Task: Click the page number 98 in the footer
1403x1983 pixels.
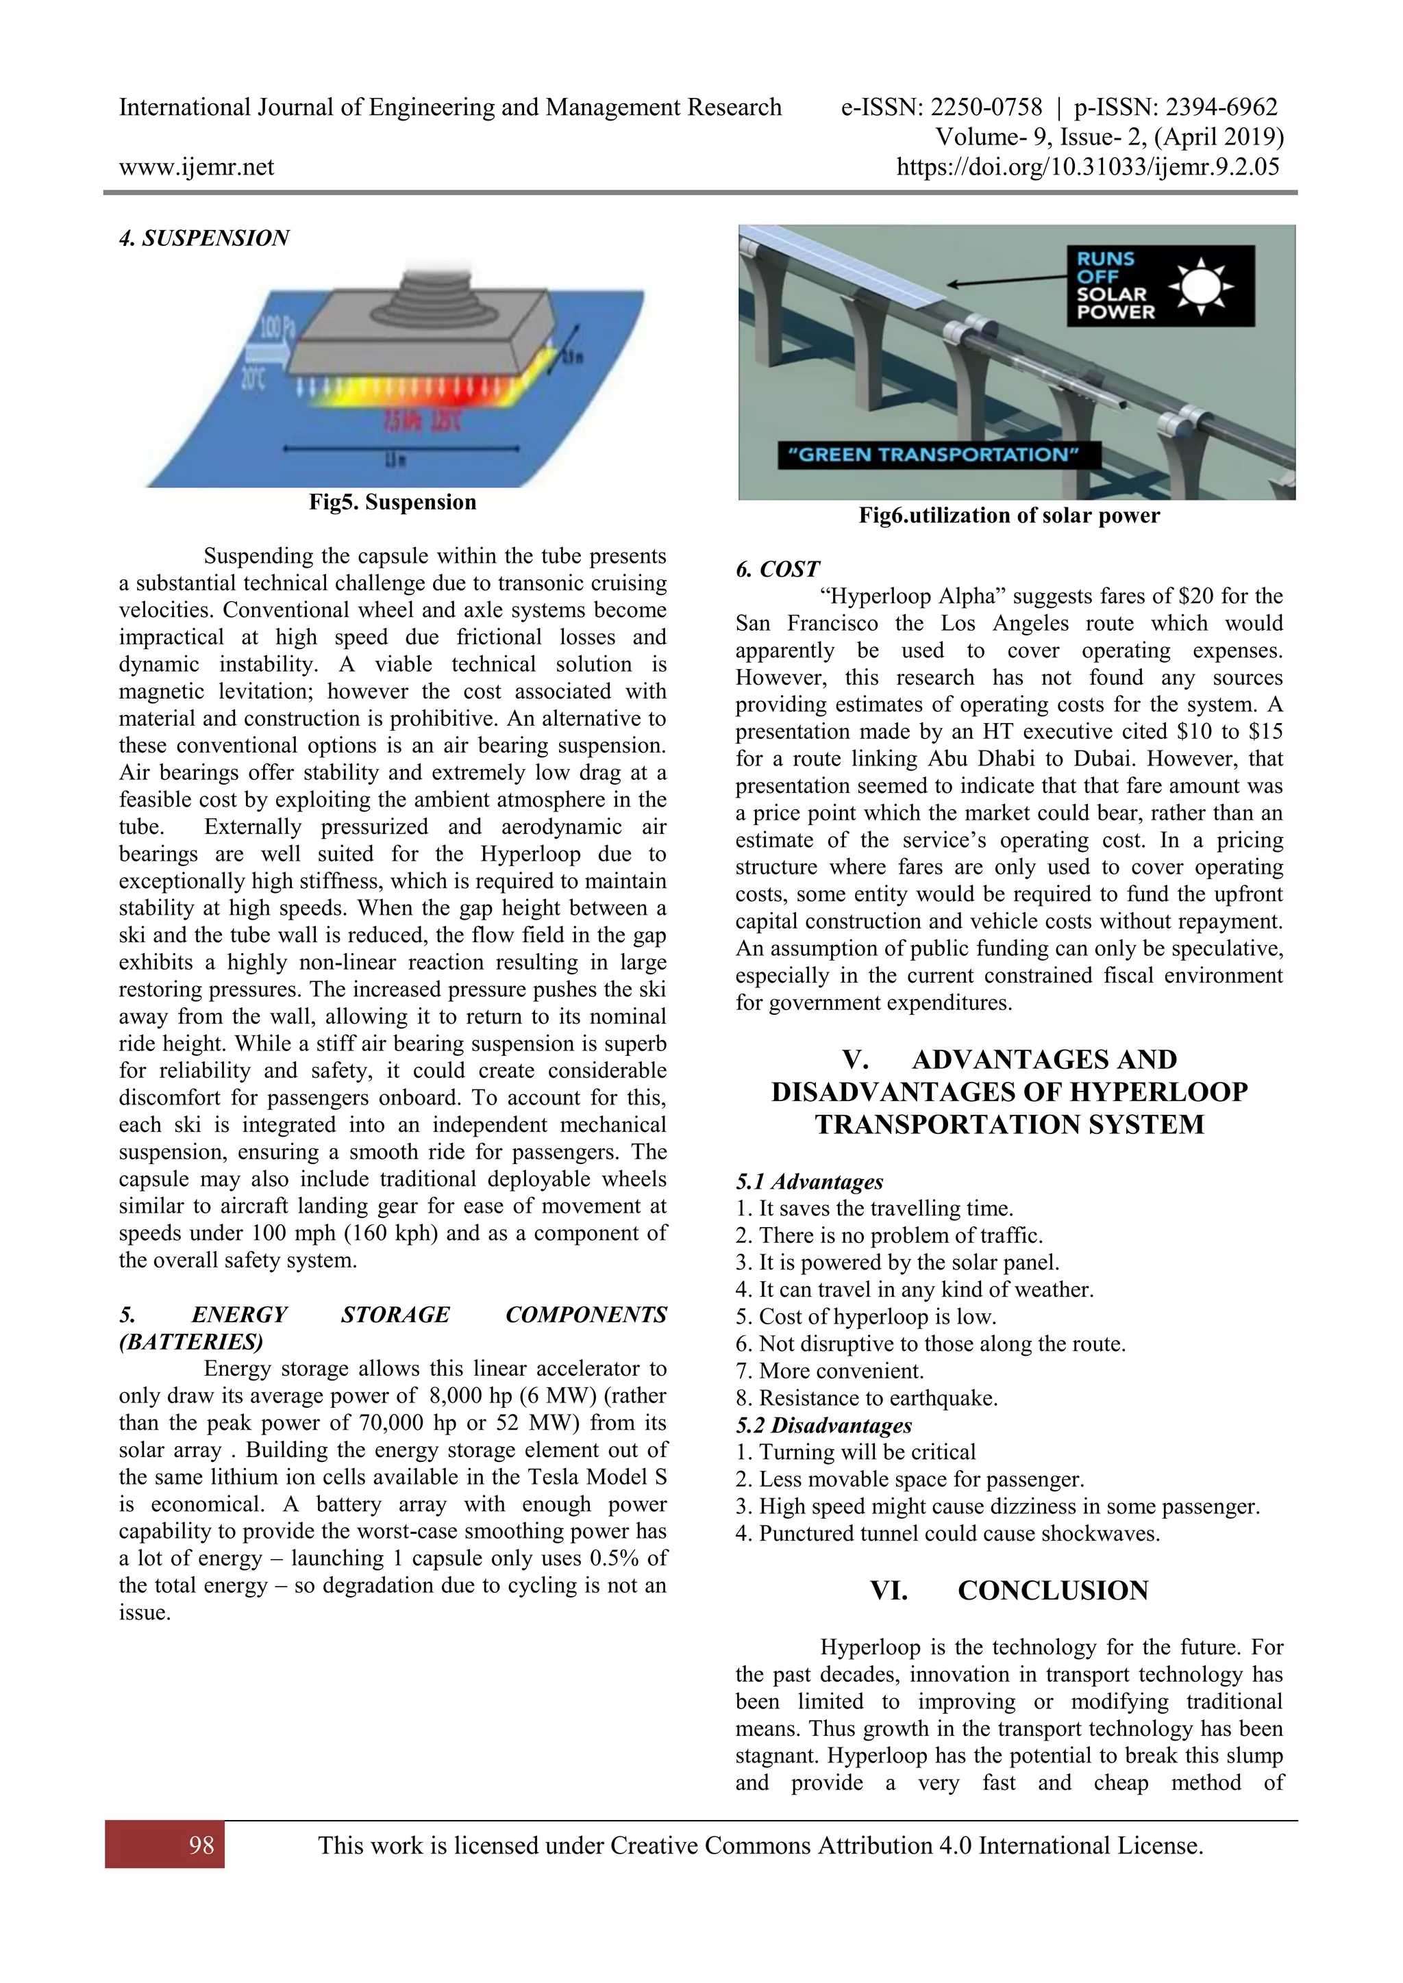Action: point(201,1845)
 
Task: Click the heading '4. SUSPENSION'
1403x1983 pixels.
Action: point(204,238)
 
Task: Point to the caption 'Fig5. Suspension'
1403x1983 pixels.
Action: point(393,503)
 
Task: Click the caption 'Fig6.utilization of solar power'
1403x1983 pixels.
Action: point(1008,516)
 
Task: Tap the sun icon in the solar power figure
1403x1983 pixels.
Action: point(1200,286)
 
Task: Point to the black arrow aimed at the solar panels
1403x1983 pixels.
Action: point(1006,280)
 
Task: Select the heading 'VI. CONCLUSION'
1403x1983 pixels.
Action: point(1009,1591)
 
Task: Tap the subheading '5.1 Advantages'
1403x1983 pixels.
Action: point(810,1181)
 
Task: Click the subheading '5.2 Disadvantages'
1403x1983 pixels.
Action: point(823,1425)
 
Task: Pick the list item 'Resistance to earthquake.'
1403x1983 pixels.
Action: point(878,1398)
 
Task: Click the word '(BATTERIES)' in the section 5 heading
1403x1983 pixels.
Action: point(191,1341)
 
